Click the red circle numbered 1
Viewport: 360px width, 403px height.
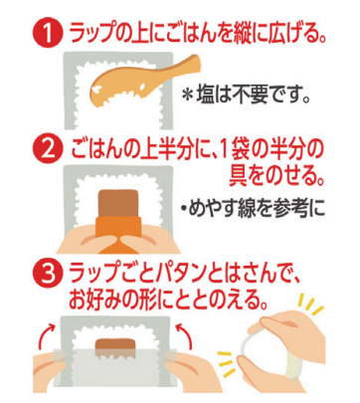tap(48, 33)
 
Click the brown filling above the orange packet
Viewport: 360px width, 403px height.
tap(118, 203)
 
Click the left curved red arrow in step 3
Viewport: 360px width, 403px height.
tap(46, 335)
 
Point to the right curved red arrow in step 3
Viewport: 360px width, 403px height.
tap(185, 335)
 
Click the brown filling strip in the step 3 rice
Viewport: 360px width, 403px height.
tap(114, 344)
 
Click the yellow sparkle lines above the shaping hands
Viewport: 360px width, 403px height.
tap(309, 305)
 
